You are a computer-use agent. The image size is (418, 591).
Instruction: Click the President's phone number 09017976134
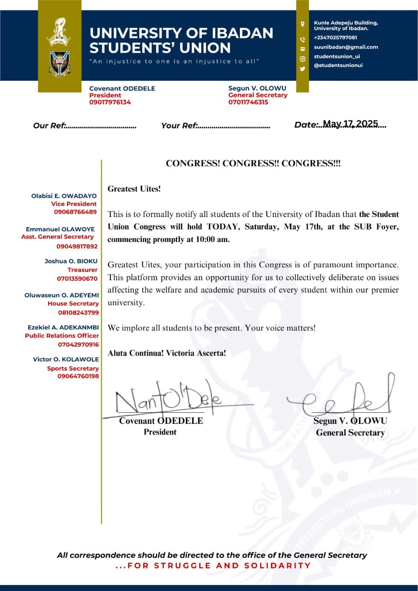tap(110, 103)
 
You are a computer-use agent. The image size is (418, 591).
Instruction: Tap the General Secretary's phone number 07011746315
tap(248, 103)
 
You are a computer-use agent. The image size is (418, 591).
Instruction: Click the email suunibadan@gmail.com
tap(346, 47)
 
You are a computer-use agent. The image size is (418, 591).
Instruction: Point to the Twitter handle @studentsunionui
tap(338, 66)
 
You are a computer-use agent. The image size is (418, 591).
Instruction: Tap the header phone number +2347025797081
tap(335, 37)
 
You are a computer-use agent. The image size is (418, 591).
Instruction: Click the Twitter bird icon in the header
tap(302, 68)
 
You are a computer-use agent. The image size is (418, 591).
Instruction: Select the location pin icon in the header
tap(302, 24)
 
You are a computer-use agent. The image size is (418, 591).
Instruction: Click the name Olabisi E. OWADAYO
tap(64, 196)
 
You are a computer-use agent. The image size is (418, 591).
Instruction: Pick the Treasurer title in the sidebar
tap(82, 270)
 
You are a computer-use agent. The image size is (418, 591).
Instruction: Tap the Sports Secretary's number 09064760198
tap(78, 376)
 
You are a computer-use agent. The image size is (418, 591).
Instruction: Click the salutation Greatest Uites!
tap(134, 189)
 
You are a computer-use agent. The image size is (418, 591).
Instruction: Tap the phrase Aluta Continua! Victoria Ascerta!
tap(167, 353)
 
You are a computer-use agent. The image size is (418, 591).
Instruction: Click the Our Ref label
tap(50, 126)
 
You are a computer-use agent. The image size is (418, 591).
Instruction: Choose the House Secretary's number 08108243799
tap(78, 313)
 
